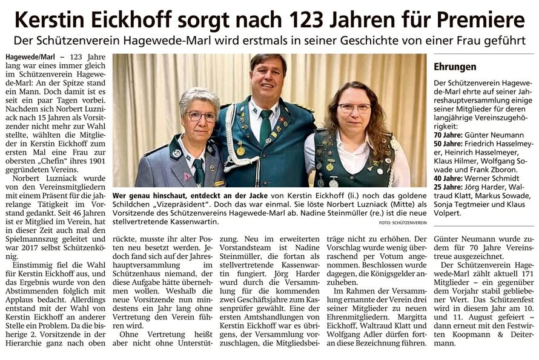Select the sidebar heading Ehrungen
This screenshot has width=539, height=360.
pos(455,67)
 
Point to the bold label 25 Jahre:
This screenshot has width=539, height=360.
pos(451,187)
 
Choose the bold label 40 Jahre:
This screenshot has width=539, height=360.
pos(451,178)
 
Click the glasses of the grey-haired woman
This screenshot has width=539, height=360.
pos(200,115)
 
